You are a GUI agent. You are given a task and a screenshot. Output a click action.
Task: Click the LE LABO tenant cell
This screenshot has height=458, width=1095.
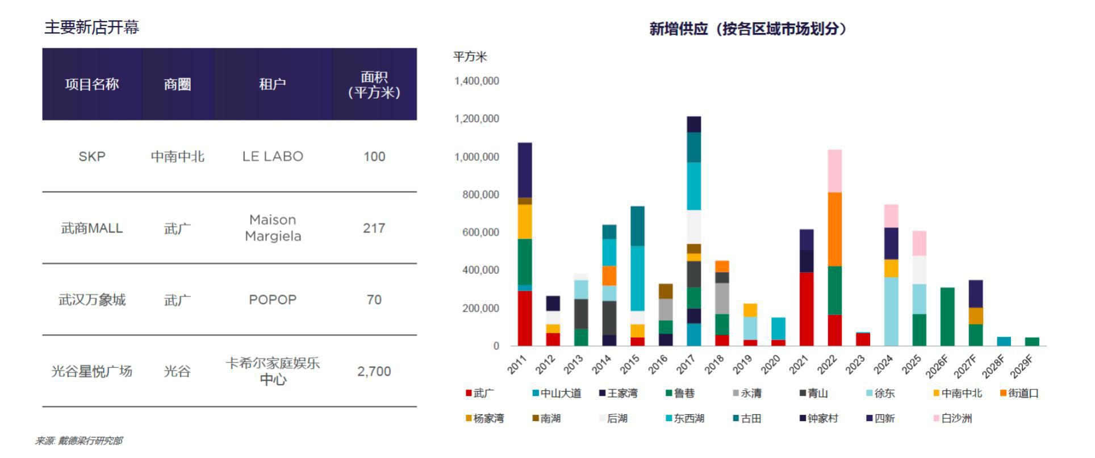(273, 156)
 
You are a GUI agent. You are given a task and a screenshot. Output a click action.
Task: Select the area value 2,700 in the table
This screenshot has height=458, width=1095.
(374, 371)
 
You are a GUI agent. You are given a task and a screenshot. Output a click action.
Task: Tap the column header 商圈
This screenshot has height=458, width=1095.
(177, 84)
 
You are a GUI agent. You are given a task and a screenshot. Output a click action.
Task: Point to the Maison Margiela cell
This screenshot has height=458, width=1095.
(273, 228)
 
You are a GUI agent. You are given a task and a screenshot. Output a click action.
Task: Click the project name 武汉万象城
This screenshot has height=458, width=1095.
(92, 299)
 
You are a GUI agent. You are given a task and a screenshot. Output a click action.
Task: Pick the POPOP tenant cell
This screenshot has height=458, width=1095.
(273, 299)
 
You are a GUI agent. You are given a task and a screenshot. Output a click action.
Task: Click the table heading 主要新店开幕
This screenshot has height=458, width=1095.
(92, 27)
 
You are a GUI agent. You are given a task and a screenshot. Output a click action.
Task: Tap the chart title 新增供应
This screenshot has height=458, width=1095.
(747, 29)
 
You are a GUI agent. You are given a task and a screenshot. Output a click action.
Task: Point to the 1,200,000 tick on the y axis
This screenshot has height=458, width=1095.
(477, 119)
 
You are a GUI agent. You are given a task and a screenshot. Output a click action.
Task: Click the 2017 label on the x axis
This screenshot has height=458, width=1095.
(686, 364)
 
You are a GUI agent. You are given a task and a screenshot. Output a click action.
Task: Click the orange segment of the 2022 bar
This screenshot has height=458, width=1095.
(834, 229)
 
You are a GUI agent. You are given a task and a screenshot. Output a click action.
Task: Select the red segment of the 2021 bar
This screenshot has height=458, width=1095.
(806, 309)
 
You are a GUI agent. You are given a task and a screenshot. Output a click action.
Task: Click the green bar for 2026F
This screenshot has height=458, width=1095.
(947, 317)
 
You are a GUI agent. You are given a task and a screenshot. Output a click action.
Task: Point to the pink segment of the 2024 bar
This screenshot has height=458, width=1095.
(891, 216)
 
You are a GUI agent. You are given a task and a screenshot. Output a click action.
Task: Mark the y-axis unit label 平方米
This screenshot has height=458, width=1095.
(470, 57)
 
